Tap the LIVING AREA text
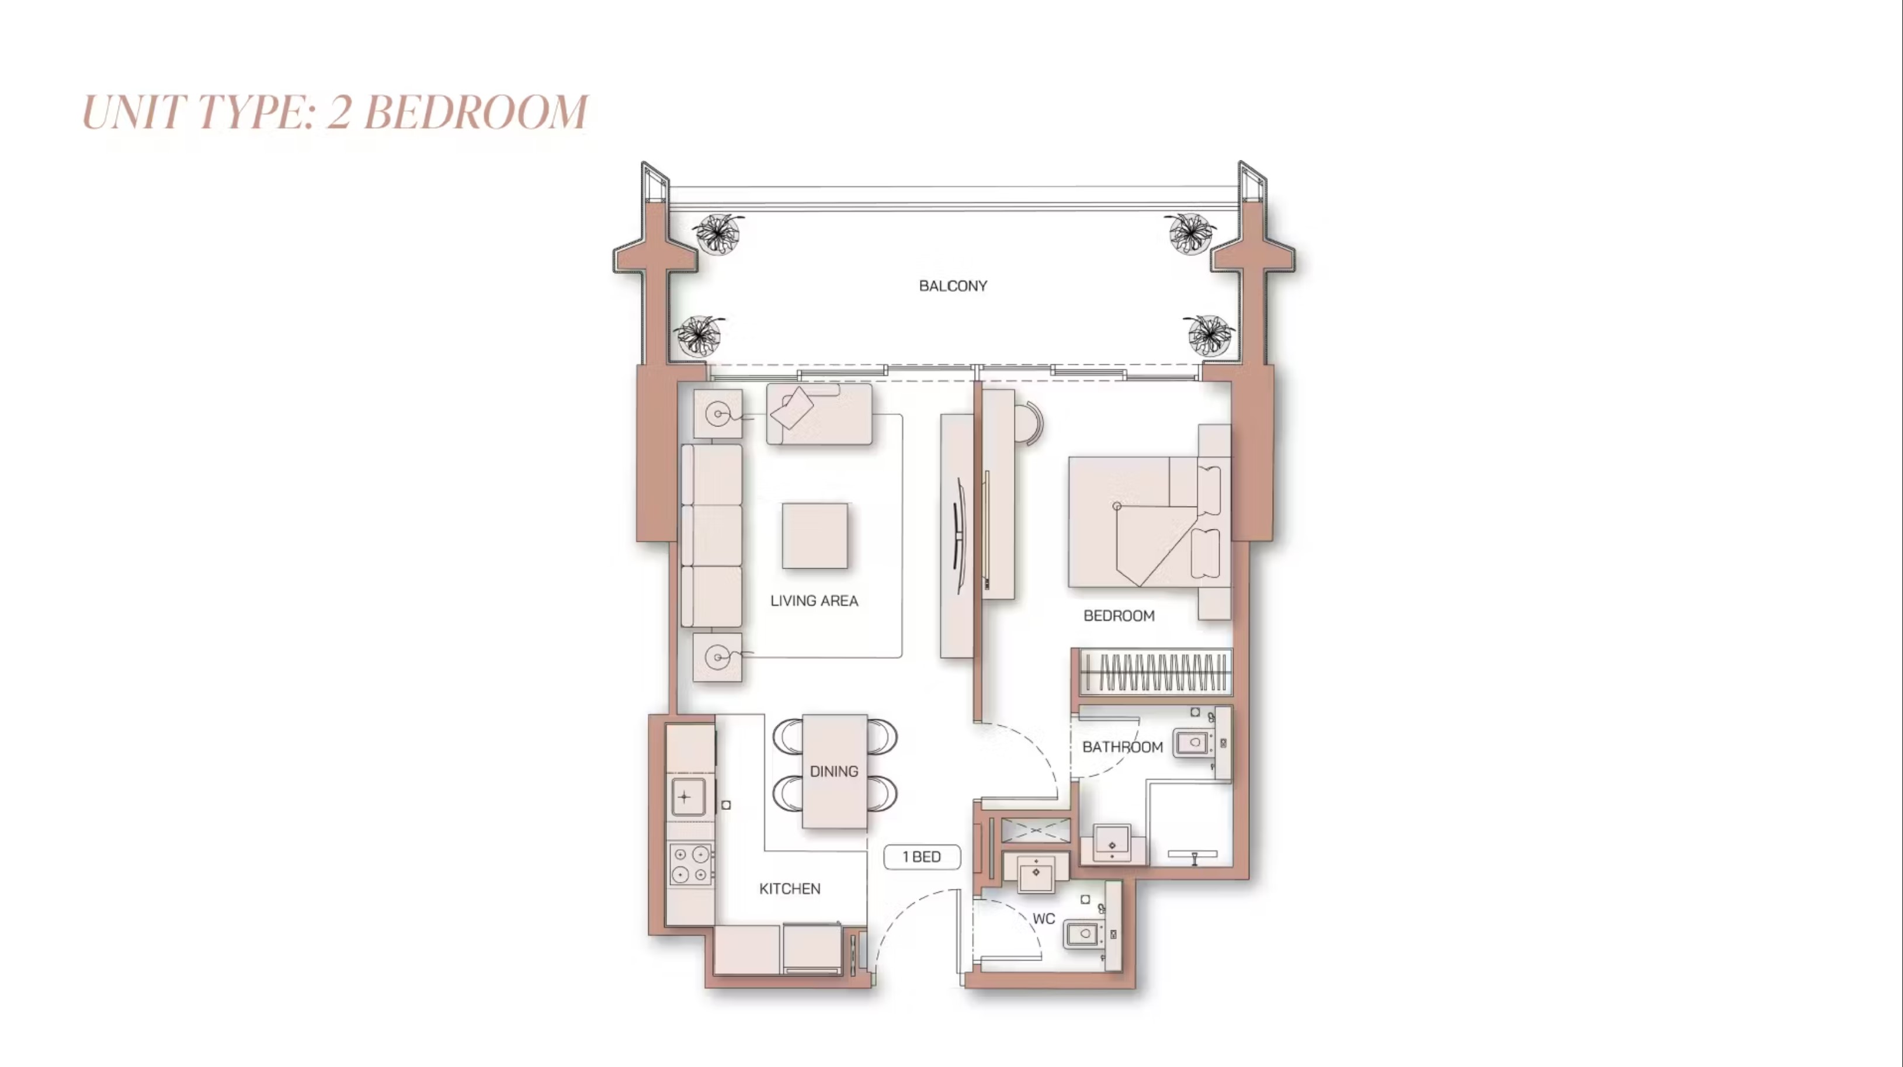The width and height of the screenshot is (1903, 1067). tap(814, 601)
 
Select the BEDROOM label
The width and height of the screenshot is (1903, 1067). tap(1119, 615)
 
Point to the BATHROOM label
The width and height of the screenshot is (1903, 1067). tap(1122, 747)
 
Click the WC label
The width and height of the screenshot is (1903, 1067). tap(1043, 919)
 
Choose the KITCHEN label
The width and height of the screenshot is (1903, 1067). tap(790, 889)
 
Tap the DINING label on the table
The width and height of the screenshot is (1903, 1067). tap(834, 771)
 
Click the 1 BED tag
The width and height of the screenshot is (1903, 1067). tap(922, 857)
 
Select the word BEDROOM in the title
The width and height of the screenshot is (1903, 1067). tap(475, 112)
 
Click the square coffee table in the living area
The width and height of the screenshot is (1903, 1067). tap(815, 536)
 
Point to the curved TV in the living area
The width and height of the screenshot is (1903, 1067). tap(959, 536)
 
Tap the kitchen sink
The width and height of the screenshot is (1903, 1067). tap(687, 796)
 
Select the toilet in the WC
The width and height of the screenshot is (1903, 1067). tap(1084, 934)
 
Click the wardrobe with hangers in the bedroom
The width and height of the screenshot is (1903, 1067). tap(1154, 673)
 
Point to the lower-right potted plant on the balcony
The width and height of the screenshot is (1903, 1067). tap(1209, 335)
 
